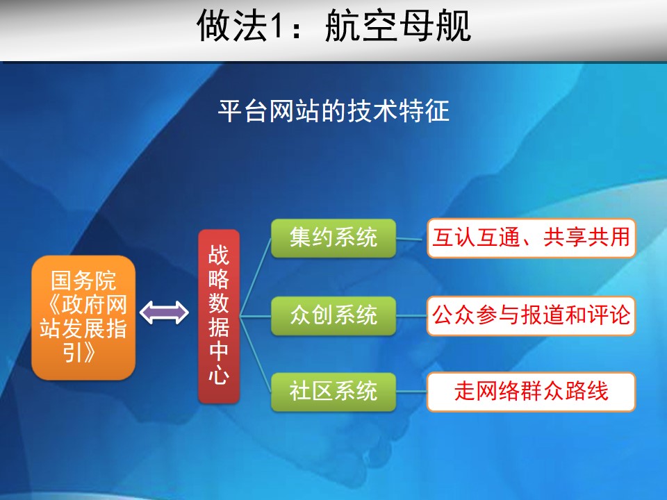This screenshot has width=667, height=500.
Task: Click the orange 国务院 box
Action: tap(83, 317)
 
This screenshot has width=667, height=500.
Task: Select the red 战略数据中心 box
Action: tap(219, 317)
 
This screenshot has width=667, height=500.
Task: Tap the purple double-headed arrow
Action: tap(164, 313)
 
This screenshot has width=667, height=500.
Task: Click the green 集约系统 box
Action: tap(333, 238)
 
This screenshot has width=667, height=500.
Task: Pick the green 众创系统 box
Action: tap(333, 316)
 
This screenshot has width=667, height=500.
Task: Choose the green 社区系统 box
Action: tap(333, 392)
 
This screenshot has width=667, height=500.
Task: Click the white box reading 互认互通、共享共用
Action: tap(532, 238)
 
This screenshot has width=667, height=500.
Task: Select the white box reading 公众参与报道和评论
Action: tap(532, 316)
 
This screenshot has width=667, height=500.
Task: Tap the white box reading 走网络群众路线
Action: tap(532, 392)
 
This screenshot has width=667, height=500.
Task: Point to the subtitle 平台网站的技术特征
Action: tap(333, 111)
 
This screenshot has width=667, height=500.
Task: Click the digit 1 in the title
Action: tap(277, 26)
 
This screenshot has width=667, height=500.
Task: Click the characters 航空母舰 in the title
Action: tap(398, 26)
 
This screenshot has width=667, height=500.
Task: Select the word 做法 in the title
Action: tap(232, 26)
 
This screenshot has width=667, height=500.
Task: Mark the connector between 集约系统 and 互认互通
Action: tap(411, 239)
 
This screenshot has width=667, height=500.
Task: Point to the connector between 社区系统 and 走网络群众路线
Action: tap(411, 392)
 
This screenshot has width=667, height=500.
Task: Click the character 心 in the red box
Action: tap(219, 374)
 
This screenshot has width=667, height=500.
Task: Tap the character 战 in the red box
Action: tap(219, 255)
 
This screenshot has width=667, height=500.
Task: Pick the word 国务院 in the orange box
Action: tap(83, 281)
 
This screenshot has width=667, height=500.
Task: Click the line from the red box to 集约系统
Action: tap(256, 277)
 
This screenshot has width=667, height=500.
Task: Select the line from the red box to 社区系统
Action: tap(256, 354)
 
